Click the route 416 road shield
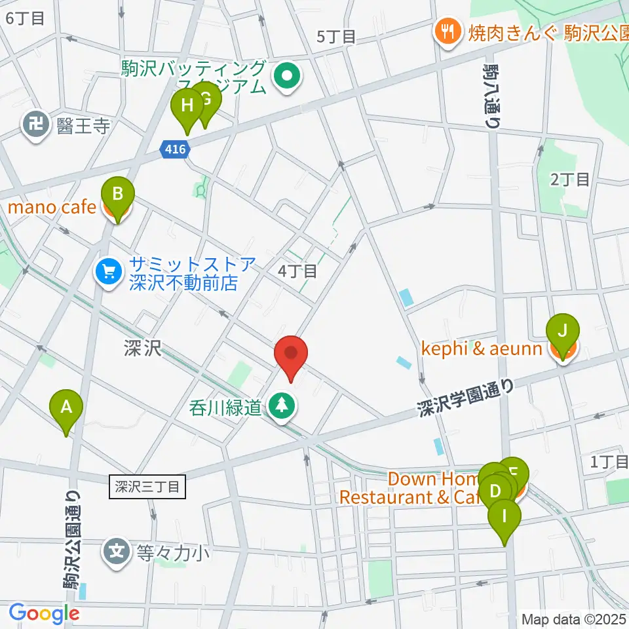(x=176, y=151)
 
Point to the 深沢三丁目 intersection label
(x=147, y=487)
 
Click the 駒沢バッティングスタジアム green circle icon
(x=287, y=77)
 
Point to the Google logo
(x=44, y=613)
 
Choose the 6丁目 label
(x=25, y=18)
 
